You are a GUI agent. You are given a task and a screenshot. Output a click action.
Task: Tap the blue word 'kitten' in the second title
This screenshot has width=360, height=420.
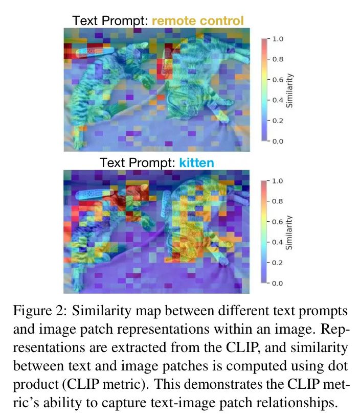click(x=196, y=163)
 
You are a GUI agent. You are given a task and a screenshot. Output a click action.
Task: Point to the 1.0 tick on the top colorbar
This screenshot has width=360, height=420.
click(x=277, y=39)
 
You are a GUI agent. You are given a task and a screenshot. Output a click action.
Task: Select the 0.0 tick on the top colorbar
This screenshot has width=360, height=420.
click(x=277, y=141)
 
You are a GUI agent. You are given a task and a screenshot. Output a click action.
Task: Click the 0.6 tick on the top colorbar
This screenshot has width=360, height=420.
click(x=277, y=80)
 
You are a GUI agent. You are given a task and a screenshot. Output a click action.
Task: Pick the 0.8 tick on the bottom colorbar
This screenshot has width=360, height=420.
click(x=277, y=201)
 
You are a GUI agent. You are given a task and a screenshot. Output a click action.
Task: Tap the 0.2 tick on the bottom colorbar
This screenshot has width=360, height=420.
click(x=277, y=263)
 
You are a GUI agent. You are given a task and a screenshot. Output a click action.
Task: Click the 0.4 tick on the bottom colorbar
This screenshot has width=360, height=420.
click(x=277, y=242)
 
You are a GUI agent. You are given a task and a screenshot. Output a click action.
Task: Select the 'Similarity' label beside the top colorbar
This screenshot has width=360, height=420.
click(x=289, y=90)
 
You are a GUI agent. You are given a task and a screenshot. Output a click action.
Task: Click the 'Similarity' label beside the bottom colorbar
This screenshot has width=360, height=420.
click(x=289, y=232)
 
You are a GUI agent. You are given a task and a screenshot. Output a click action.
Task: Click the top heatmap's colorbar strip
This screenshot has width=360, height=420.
click(x=264, y=90)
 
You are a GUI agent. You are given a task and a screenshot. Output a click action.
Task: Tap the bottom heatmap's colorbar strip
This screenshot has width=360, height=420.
click(x=264, y=232)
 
